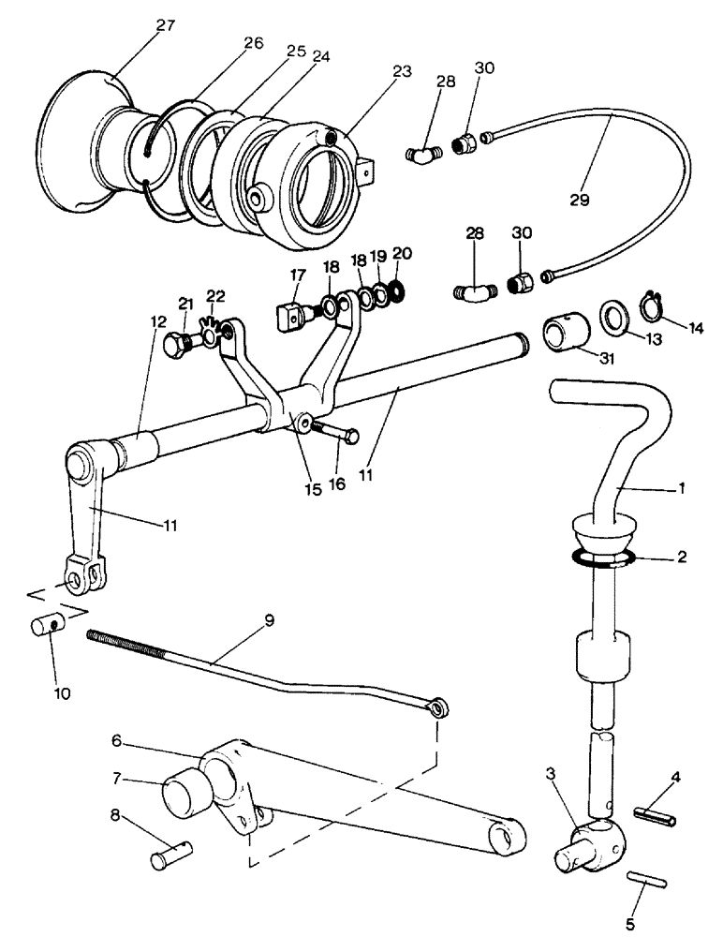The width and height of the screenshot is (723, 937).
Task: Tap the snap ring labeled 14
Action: pos(653,305)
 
